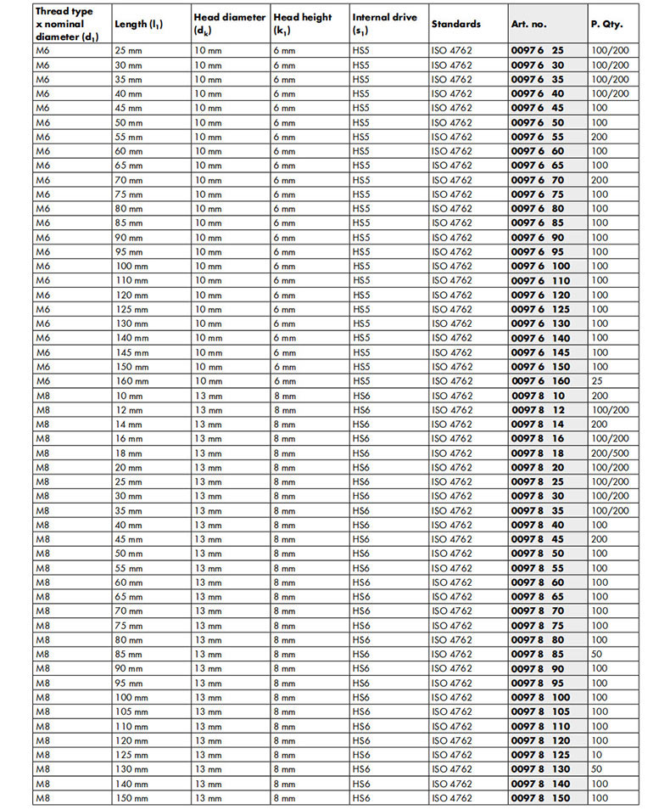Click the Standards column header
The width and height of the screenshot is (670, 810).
455,24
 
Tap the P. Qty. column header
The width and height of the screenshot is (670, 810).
606,24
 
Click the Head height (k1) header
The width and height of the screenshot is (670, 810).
302,23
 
